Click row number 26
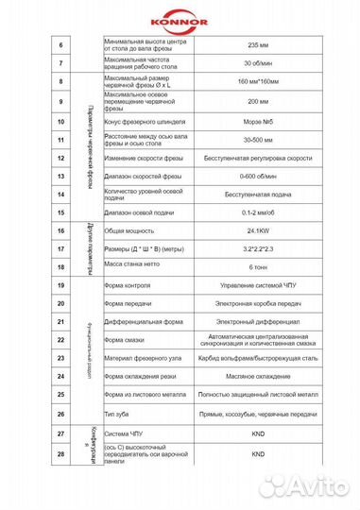(x=61, y=413)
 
